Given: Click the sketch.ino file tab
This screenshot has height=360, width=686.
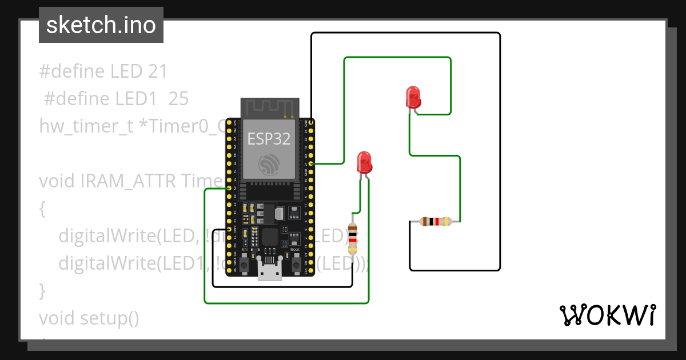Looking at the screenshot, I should click(101, 25).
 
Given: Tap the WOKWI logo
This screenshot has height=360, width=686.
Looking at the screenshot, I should click(607, 315).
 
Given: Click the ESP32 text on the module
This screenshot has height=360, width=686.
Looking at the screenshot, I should click(269, 138).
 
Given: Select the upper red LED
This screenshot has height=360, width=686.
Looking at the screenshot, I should click(413, 97).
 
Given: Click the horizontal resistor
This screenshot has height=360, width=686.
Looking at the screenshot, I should click(436, 222).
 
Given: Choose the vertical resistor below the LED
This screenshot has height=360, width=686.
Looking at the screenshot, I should click(353, 239).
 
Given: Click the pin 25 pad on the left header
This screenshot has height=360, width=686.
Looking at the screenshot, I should click(229, 188).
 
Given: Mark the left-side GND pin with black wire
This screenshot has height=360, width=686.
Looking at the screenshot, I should click(229, 229).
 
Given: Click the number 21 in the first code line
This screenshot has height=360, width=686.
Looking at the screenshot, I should click(157, 71).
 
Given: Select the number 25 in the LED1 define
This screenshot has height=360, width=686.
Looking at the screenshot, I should click(178, 99).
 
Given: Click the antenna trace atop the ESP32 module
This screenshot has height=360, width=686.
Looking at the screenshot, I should click(269, 107).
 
